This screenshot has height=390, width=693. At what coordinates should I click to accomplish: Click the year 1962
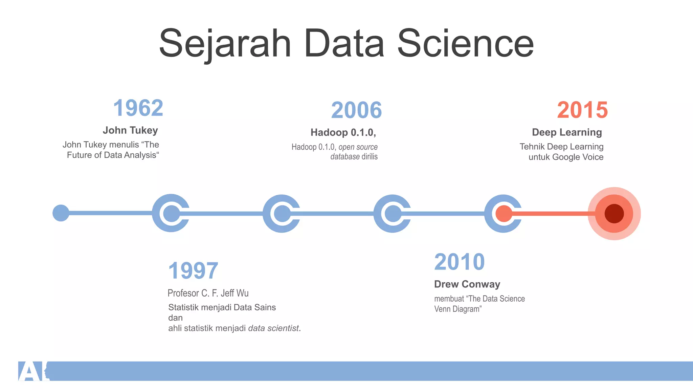138,108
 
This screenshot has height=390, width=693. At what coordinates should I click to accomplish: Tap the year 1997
193,271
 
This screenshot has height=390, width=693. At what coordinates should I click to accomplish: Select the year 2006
356,110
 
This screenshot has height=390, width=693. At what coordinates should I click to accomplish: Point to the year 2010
459,262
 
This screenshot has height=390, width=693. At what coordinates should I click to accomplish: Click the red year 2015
582,110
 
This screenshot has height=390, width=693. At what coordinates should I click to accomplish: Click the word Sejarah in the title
225,44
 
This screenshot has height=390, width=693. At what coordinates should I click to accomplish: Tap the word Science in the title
465,44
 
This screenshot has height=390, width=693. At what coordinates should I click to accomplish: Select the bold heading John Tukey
130,130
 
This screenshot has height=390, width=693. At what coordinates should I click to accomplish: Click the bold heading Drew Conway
467,284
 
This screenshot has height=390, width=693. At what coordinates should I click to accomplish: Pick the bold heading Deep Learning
567,132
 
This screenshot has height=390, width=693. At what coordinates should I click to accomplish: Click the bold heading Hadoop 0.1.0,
343,132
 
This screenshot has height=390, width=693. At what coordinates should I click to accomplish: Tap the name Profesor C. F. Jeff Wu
208,293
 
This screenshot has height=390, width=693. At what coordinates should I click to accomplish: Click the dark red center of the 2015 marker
614,214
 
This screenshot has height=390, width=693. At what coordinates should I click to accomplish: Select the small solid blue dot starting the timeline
61,213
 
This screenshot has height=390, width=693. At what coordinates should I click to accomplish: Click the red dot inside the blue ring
504,214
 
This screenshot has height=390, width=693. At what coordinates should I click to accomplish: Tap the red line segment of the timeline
555,214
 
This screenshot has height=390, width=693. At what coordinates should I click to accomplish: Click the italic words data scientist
273,328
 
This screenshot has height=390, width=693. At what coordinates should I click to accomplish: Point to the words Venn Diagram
457,309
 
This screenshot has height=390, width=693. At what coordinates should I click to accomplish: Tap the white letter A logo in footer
30,371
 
